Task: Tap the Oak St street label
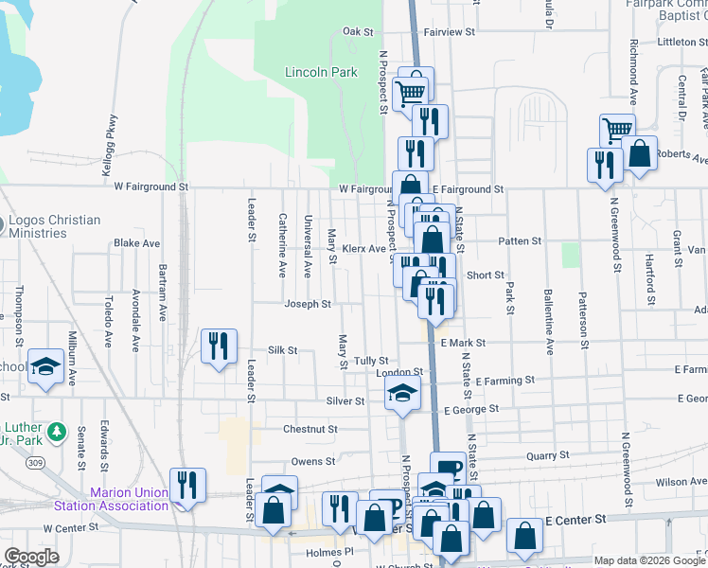point(358,31)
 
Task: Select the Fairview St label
point(449,31)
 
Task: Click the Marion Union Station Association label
point(129,498)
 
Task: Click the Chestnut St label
point(310,429)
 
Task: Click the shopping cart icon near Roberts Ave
point(617,130)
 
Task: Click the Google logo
point(32,557)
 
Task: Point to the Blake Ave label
point(136,243)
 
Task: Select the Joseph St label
point(308,304)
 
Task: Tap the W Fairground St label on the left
point(151,187)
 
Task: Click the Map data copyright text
point(647,560)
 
